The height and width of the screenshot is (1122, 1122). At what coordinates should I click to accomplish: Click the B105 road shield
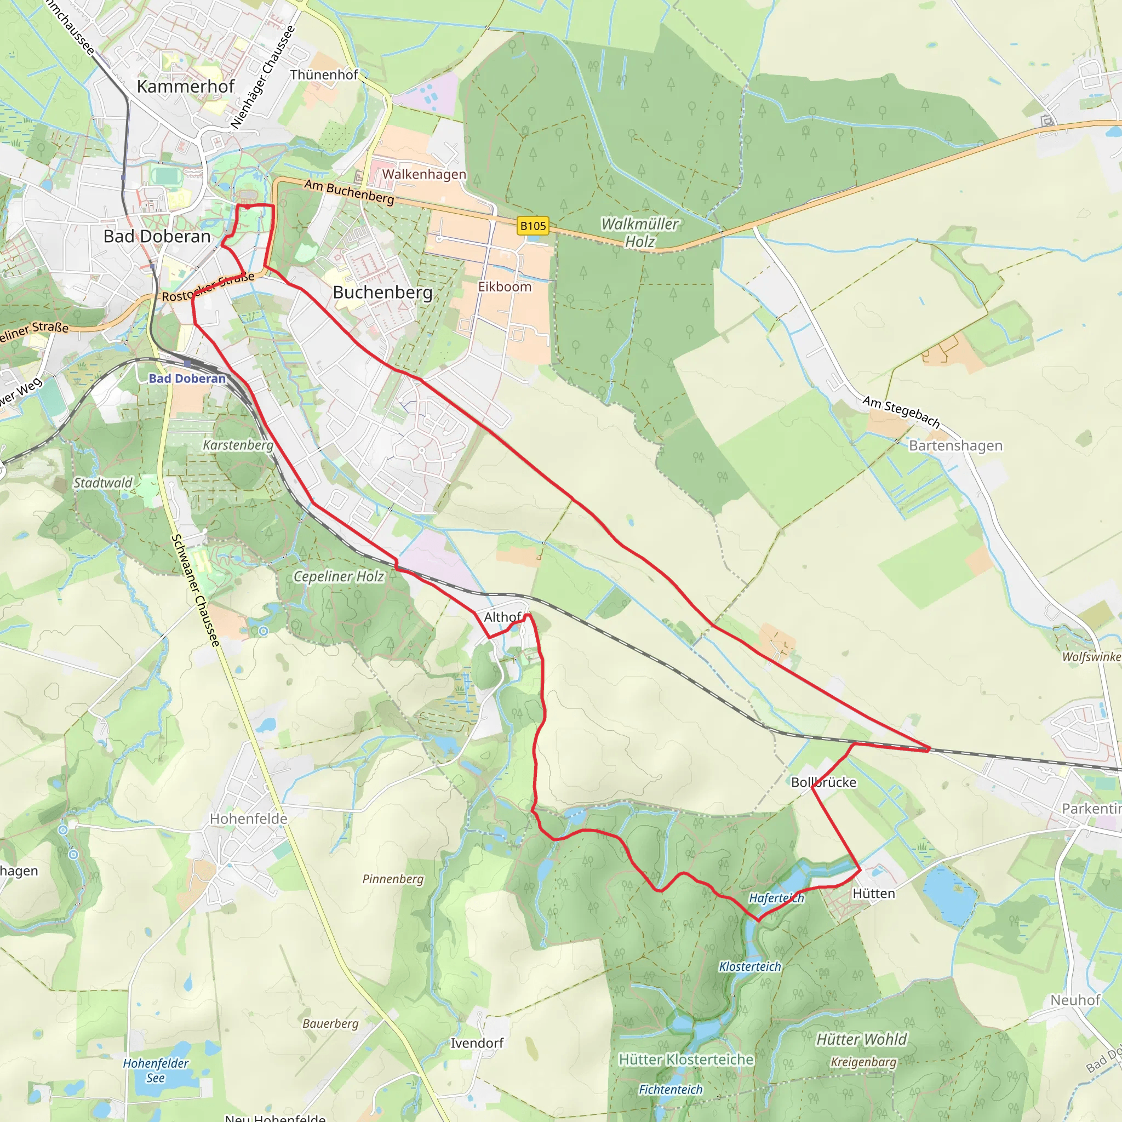click(533, 226)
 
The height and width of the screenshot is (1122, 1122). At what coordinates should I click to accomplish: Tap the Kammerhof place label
click(185, 87)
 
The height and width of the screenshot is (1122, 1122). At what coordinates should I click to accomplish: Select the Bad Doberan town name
click(157, 236)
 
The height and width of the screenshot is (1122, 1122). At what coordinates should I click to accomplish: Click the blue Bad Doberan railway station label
click(187, 379)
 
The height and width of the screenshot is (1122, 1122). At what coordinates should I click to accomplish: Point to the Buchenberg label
click(383, 292)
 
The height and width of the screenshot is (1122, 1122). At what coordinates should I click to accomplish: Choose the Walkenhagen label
click(424, 174)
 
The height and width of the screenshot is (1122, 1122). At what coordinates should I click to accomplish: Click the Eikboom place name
click(505, 287)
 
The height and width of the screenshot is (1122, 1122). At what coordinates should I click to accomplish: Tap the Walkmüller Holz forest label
click(639, 232)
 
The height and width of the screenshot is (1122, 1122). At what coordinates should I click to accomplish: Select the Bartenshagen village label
click(955, 445)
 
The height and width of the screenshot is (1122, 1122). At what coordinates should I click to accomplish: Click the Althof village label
click(502, 617)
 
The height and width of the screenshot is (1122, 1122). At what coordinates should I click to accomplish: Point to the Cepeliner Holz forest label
click(339, 576)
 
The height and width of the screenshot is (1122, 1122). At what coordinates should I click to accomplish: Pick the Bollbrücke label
click(823, 782)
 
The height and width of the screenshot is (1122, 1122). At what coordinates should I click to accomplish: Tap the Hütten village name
click(873, 893)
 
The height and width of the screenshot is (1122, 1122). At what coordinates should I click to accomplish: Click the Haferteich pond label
click(776, 898)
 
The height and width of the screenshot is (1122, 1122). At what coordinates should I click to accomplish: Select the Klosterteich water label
click(750, 966)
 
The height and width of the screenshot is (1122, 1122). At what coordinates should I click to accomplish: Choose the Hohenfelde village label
click(249, 818)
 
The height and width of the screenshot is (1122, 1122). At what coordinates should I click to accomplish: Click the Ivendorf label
click(477, 1043)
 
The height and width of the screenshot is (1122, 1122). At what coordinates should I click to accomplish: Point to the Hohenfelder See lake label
click(156, 1071)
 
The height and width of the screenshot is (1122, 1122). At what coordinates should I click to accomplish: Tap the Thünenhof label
click(324, 75)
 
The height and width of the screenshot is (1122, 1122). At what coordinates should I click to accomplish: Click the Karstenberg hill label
click(238, 445)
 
